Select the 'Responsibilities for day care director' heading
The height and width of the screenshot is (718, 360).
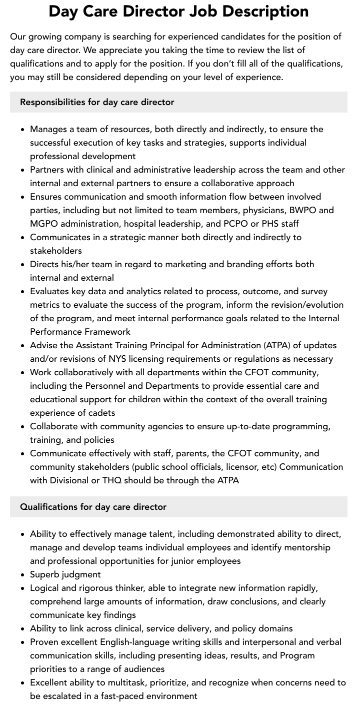click(x=97, y=102)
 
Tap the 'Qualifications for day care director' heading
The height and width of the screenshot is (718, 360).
click(x=93, y=507)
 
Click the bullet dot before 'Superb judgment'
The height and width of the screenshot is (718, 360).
click(x=23, y=575)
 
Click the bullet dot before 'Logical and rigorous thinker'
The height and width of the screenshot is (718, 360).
click(x=23, y=588)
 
